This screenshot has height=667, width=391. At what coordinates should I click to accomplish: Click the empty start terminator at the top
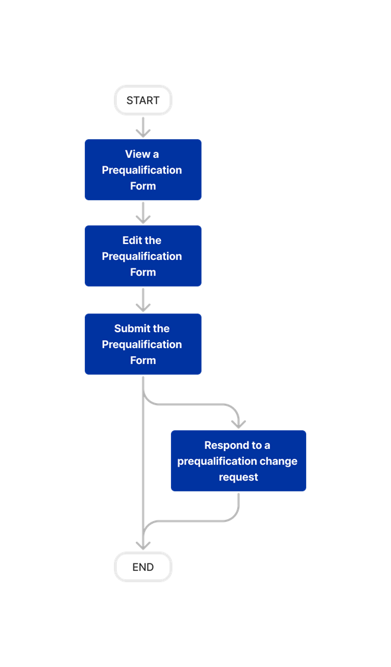click(x=143, y=100)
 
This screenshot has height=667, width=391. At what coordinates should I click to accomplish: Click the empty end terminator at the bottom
click(x=143, y=567)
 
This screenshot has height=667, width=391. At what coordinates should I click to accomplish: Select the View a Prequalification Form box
click(x=143, y=170)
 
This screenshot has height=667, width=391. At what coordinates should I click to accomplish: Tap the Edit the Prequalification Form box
click(x=143, y=256)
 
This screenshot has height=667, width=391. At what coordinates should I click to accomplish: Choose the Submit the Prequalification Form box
click(x=143, y=344)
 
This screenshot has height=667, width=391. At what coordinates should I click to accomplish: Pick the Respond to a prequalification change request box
click(x=238, y=461)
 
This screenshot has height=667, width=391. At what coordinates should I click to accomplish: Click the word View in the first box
click(x=137, y=154)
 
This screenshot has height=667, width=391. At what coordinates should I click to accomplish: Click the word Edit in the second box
click(x=132, y=241)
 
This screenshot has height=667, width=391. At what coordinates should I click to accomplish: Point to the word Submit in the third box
click(x=132, y=329)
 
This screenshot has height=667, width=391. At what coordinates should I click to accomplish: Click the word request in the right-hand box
click(x=239, y=477)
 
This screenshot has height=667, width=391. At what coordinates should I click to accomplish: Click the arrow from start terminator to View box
click(x=143, y=127)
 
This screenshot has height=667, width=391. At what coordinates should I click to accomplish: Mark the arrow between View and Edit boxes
click(x=143, y=213)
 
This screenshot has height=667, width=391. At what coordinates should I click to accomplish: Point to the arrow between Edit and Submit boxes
click(x=143, y=300)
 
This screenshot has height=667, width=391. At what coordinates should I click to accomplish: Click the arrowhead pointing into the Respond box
click(x=239, y=423)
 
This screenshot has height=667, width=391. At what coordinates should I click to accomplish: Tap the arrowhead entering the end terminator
click(x=143, y=544)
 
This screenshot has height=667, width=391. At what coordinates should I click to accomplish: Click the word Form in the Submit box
click(x=143, y=361)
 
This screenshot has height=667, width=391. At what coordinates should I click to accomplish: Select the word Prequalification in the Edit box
click(x=142, y=257)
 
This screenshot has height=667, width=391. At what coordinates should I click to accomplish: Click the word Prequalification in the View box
click(x=142, y=170)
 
